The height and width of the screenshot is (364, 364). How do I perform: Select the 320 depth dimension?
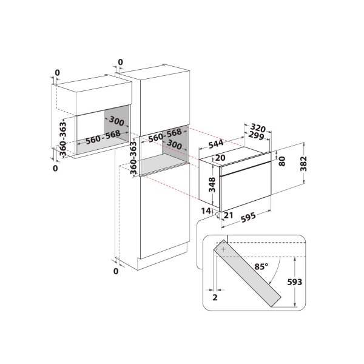[x=258, y=128]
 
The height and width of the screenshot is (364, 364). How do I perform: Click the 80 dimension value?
[x=281, y=162]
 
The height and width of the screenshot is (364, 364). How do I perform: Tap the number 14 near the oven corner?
[x=206, y=210]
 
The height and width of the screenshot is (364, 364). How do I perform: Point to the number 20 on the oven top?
[x=220, y=158]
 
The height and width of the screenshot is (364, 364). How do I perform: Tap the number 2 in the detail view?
[x=215, y=298]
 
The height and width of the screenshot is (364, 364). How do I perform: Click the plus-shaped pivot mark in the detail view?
[x=223, y=249]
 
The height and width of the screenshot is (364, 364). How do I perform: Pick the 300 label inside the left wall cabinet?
[x=117, y=122]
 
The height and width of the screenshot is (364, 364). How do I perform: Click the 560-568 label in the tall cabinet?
[x=165, y=136]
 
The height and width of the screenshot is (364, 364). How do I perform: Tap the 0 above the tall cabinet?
[x=120, y=62]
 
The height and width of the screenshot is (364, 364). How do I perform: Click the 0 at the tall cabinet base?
[x=116, y=271]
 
